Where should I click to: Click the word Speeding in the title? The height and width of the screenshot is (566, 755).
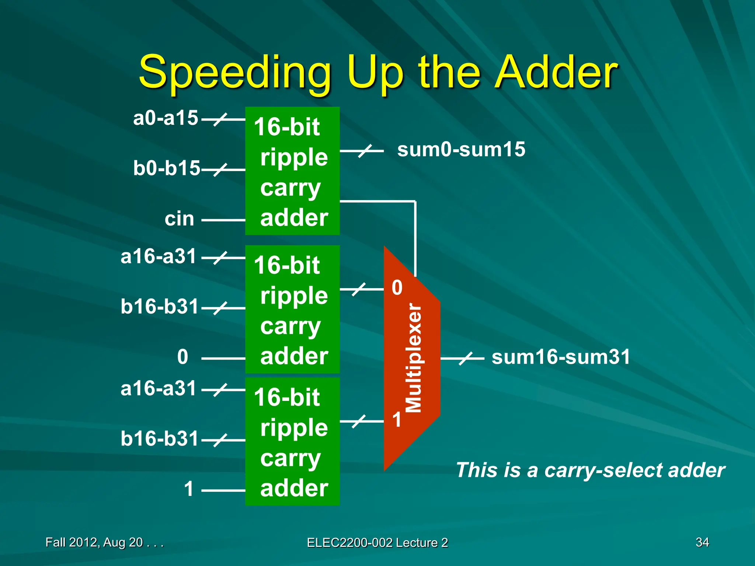click(235, 74)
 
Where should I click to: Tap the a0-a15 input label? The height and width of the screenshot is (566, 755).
click(166, 118)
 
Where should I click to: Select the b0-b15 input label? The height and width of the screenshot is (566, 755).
click(166, 168)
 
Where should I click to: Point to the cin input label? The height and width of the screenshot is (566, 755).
click(179, 219)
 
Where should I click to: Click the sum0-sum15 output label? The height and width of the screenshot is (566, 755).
click(461, 150)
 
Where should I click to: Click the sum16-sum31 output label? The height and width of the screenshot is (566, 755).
click(561, 357)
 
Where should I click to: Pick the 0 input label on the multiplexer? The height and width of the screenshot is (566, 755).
click(397, 288)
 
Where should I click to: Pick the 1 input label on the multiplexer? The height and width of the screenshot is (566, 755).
click(397, 420)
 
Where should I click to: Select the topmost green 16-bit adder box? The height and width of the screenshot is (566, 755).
click(292, 171)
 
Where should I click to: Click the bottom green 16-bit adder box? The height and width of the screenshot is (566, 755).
click(292, 441)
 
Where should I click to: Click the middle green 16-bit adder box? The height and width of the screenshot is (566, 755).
click(292, 309)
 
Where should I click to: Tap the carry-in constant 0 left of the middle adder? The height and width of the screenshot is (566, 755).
click(182, 357)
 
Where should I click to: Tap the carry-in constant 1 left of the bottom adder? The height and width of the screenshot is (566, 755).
click(188, 489)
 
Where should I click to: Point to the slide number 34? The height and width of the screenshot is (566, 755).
click(702, 542)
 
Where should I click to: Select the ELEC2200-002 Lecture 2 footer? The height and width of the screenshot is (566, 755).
click(377, 543)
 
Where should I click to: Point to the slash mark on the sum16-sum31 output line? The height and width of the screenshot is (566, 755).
click(466, 358)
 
